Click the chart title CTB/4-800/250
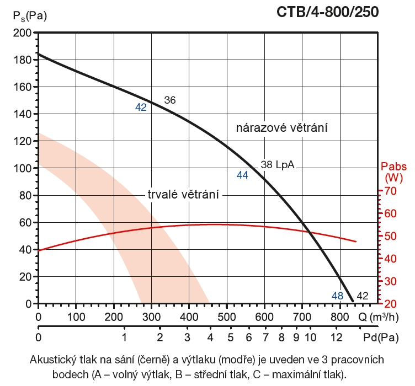[332, 12]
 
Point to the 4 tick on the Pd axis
[210, 336]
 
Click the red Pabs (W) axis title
[395, 172]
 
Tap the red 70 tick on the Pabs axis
[391, 191]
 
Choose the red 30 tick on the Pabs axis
[391, 282]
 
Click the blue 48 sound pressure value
[338, 296]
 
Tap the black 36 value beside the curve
[170, 100]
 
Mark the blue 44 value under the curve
[242, 175]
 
